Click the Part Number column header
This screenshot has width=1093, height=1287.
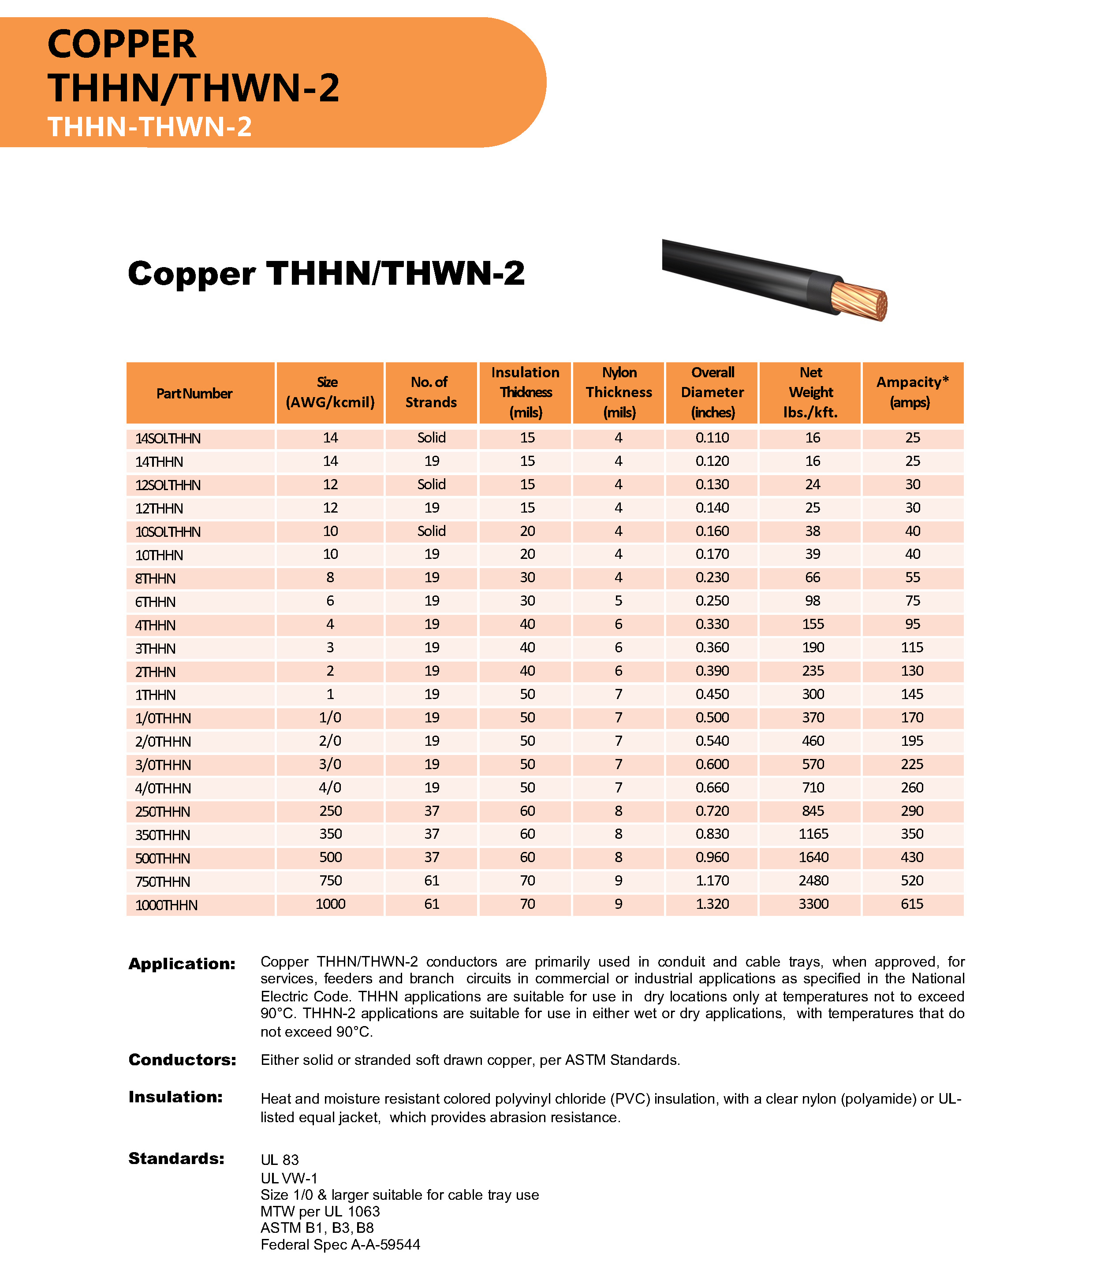tap(194, 393)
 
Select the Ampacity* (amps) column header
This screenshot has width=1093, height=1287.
tap(912, 392)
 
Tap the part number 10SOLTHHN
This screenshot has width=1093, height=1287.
tap(168, 532)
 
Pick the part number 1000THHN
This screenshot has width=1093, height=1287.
tap(166, 905)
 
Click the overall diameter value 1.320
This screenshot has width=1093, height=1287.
tap(712, 904)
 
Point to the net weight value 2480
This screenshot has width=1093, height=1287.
tap(813, 881)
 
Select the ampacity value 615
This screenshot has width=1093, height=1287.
tap(912, 904)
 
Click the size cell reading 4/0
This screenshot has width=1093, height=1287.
tap(330, 788)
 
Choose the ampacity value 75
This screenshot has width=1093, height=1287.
tap(912, 601)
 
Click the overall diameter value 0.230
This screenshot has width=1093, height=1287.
tap(712, 578)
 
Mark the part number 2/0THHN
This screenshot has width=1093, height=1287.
tap(163, 741)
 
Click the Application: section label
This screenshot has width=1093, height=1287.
tap(182, 963)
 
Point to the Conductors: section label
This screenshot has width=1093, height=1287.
tap(182, 1060)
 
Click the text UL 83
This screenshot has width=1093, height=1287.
tap(280, 1160)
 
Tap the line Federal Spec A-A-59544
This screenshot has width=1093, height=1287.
tap(340, 1244)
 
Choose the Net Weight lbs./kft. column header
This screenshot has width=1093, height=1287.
tap(810, 392)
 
